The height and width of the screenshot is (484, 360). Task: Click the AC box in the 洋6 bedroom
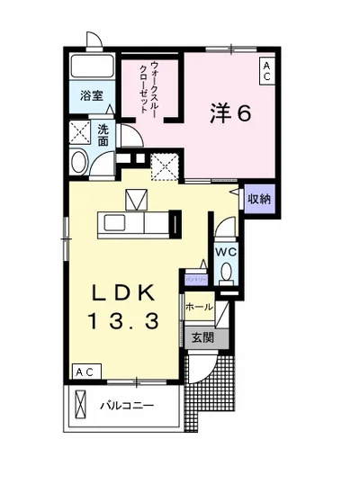tap(267, 72)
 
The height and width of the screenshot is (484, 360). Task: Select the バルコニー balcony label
tap(126, 406)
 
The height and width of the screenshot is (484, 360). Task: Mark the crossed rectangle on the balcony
tap(80, 406)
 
